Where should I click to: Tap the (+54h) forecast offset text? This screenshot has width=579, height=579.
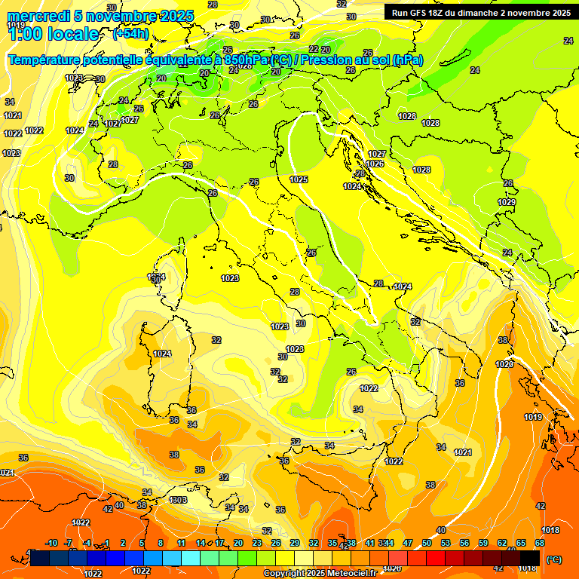tap(129, 34)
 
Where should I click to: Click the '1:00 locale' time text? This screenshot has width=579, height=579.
tap(53, 35)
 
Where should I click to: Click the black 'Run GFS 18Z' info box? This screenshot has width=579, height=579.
tap(480, 12)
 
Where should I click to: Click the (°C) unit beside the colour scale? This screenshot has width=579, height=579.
tap(553, 559)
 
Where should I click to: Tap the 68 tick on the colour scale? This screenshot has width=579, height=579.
tap(540, 543)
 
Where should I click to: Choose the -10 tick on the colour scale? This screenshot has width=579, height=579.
tap(52, 543)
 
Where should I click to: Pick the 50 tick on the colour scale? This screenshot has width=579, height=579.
tap(427, 543)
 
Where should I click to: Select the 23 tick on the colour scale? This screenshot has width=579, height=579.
tap(257, 543)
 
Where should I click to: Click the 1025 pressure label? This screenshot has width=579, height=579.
tap(299, 179)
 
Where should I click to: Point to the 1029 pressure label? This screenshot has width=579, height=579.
tap(507, 202)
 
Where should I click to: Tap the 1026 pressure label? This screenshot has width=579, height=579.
tap(375, 164)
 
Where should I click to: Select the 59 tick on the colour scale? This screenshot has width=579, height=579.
tap(483, 543)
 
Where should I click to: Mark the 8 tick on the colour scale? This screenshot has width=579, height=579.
tap(161, 543)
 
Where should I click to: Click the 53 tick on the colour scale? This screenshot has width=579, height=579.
tap(446, 543)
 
